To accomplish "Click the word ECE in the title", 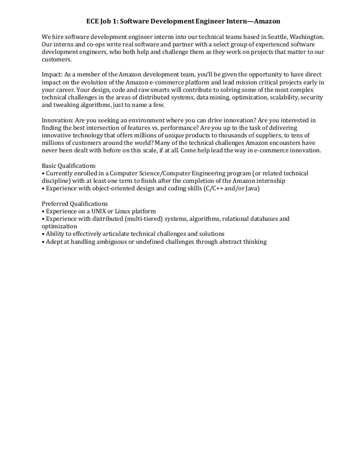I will pyautogui.click(x=93, y=22).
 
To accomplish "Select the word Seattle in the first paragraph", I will pyautogui.click(x=279, y=37).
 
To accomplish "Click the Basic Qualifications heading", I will pyautogui.click(x=69, y=165).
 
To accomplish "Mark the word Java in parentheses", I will pyautogui.click(x=252, y=188).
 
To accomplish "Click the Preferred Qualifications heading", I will pyautogui.click(x=75, y=203).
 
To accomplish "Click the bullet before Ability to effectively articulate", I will pyautogui.click(x=43, y=234).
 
